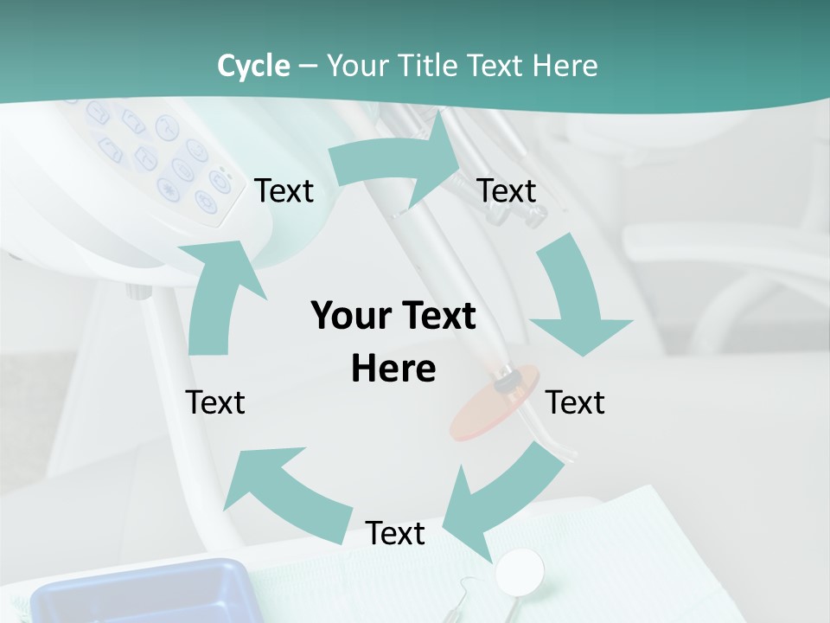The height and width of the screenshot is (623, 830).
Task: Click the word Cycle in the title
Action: click(253, 66)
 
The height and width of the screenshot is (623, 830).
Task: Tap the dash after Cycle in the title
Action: click(308, 66)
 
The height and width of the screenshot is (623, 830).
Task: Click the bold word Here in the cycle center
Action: click(393, 369)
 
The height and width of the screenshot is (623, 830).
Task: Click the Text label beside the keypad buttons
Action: click(284, 190)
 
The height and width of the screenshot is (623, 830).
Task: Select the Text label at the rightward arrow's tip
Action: click(507, 190)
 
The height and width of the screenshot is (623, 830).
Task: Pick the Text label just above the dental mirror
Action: click(395, 533)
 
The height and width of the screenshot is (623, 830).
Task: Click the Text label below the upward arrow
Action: click(215, 402)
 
